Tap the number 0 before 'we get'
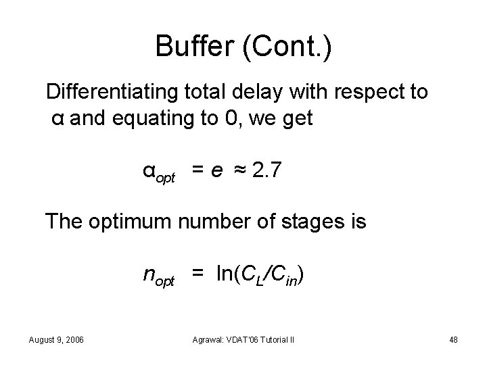tap(231, 120)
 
